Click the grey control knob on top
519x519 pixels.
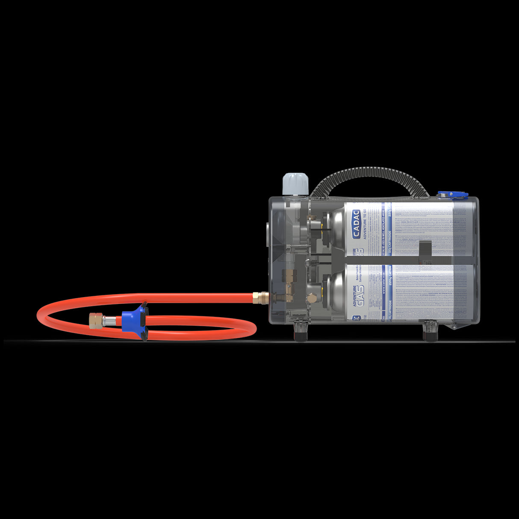tap(295, 183)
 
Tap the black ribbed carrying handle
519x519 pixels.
tap(370, 175)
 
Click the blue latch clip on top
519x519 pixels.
tap(452, 195)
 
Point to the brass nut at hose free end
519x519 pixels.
tap(96, 320)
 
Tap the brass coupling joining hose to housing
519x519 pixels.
tap(258, 297)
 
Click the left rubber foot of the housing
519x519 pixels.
tap(301, 333)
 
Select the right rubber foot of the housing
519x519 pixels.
tap(431, 333)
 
